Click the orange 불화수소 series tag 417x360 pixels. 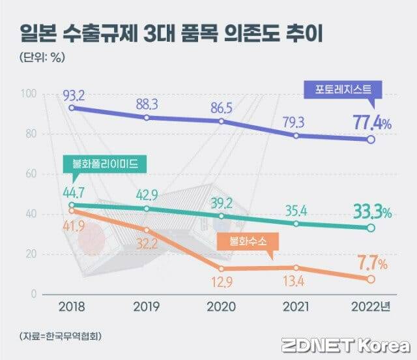247,242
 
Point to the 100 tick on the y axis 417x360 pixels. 29,94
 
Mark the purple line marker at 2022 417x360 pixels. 370,140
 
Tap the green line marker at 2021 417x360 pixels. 296,224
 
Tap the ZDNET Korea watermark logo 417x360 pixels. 345,344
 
